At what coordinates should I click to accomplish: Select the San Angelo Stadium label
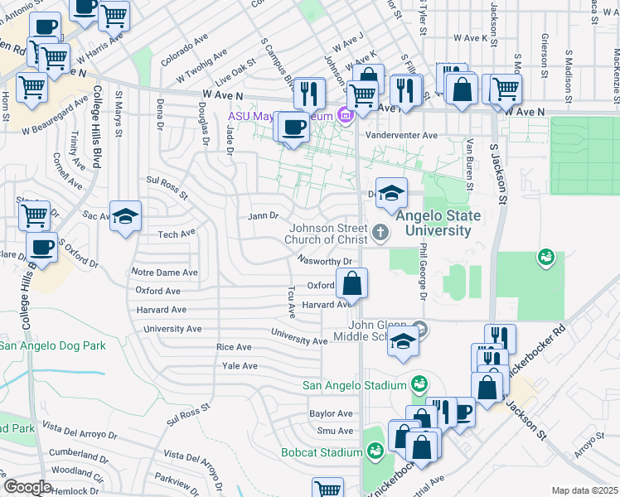click(355, 385)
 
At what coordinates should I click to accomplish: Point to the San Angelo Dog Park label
click(53, 345)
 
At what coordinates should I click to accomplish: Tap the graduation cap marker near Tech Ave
click(125, 218)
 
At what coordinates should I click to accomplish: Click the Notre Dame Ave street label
click(165, 272)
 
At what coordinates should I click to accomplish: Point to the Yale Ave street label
click(237, 365)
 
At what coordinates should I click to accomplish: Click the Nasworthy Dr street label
click(326, 260)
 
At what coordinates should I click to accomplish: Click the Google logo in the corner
click(27, 486)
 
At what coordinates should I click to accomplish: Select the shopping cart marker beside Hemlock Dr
click(328, 489)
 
